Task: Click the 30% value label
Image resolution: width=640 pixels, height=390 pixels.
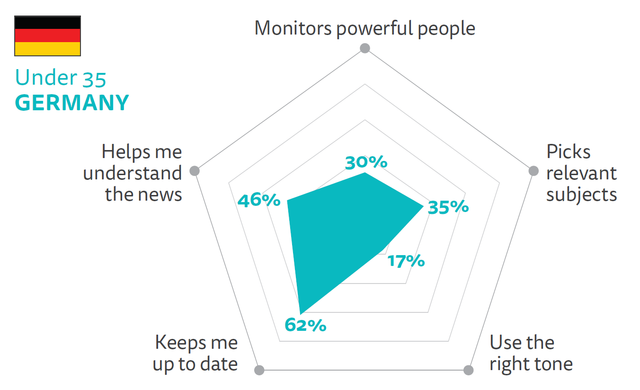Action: point(366,162)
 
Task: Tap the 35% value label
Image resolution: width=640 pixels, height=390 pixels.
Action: point(448,207)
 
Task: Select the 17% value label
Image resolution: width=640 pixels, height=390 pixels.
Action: point(406,261)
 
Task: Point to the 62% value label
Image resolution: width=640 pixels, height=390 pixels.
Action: point(305,325)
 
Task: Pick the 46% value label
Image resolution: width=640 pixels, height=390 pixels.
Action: point(259,201)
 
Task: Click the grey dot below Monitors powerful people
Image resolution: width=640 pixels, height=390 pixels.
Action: point(364,48)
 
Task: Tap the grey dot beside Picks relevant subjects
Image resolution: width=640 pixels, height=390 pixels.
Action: point(533,171)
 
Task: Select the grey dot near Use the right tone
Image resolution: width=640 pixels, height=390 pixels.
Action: point(468,370)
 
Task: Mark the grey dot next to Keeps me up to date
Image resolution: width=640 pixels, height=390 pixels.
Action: point(259,370)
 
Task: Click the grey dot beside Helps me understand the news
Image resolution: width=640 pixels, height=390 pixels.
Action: point(194,171)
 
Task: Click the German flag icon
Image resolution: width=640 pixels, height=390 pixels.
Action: point(47,36)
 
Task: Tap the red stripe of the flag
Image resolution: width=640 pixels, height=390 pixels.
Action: point(47,36)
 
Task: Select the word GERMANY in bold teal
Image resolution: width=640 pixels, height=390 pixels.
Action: point(72,103)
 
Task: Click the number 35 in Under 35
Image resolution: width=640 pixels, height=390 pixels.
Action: point(94,79)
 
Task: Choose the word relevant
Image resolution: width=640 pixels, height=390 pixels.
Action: point(581,173)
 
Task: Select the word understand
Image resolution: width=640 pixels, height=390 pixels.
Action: point(133,173)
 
